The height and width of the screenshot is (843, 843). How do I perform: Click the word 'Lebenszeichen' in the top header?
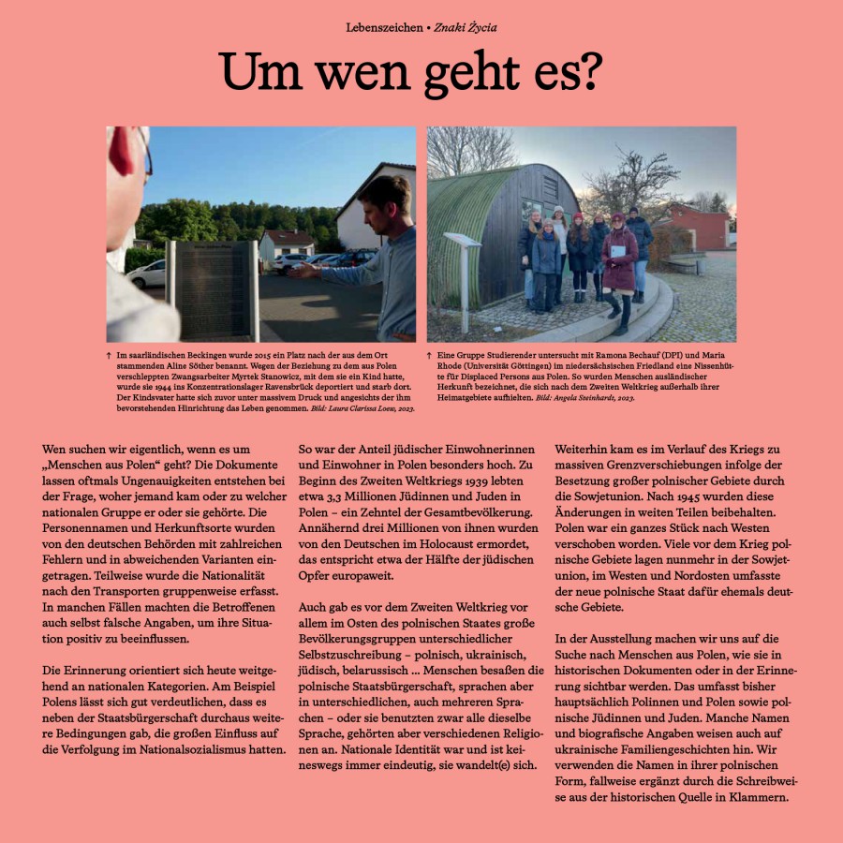tap(383, 27)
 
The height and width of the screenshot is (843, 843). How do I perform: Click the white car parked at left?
tap(147, 274)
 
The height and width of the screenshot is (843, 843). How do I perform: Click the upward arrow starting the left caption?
tap(111, 357)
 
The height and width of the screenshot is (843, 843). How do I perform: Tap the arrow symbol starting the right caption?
tap(430, 357)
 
